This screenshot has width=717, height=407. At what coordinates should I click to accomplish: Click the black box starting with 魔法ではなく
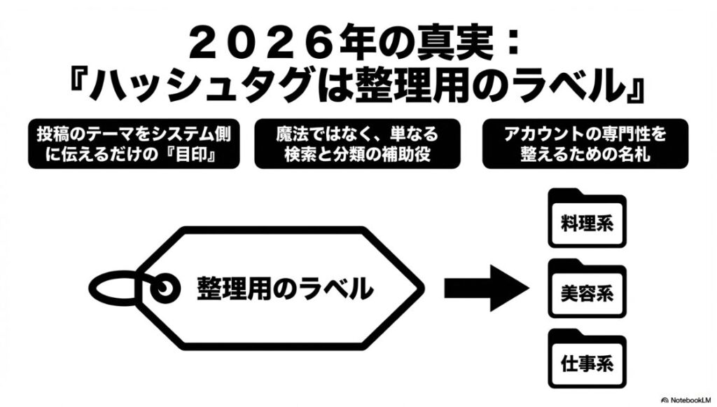coord(357,144)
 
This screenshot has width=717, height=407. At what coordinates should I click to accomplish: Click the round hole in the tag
coord(165,287)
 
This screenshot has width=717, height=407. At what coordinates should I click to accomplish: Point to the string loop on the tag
coord(112,287)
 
